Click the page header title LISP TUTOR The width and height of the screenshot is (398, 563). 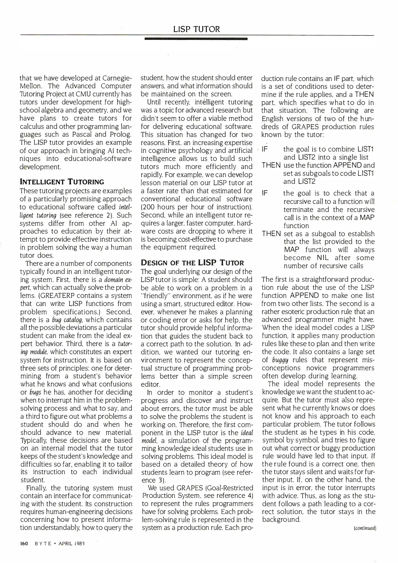(x=196, y=29)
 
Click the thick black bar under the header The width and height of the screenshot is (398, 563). (x=196, y=39)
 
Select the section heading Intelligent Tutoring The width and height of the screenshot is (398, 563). (x=62, y=182)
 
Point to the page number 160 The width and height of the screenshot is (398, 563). (x=24, y=543)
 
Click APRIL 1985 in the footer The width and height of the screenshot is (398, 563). (x=72, y=544)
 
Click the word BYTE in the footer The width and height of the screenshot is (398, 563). (x=43, y=544)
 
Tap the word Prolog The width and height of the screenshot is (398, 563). (x=120, y=134)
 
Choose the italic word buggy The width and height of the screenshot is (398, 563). (x=280, y=360)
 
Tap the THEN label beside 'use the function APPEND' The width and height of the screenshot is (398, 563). (x=271, y=165)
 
